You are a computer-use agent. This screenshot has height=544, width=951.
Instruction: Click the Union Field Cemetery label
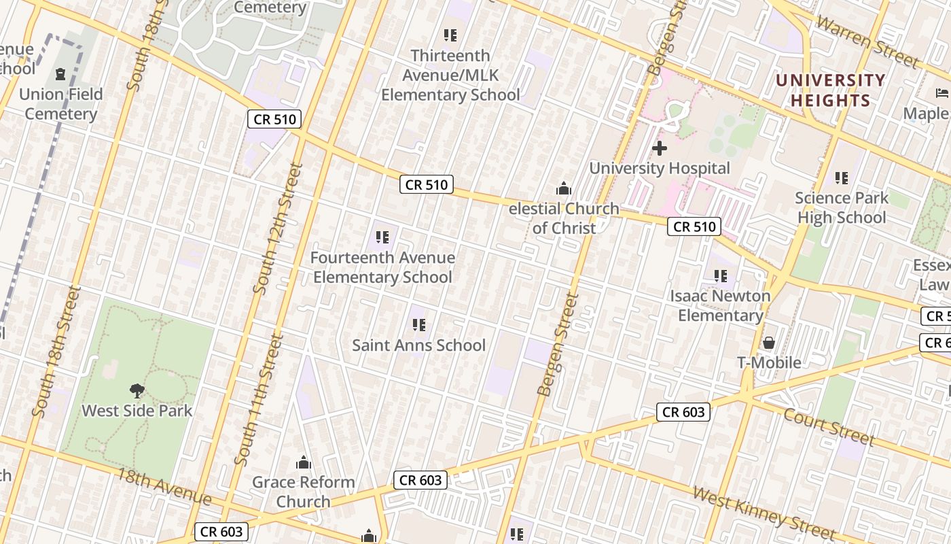click(61, 104)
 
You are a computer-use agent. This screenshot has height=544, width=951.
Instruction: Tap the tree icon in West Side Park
click(137, 390)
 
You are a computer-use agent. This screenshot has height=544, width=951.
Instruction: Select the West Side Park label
click(137, 411)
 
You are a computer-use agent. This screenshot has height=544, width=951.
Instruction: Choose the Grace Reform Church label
click(304, 492)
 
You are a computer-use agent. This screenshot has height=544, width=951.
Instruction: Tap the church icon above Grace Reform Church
click(304, 463)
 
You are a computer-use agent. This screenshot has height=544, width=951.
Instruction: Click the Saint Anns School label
click(418, 345)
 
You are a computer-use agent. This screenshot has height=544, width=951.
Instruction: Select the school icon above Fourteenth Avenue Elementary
click(382, 237)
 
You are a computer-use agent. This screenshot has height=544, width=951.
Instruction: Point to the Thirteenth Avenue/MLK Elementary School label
click(450, 75)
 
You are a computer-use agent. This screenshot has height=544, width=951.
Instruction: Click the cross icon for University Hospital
click(659, 148)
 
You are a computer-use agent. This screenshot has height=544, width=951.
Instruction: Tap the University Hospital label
click(660, 168)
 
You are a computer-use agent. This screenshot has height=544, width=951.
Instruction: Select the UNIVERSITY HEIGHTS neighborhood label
click(830, 90)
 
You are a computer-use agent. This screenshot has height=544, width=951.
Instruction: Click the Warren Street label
click(867, 41)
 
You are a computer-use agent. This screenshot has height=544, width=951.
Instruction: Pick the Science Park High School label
click(842, 207)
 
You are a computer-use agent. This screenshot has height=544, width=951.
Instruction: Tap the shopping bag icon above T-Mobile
click(769, 342)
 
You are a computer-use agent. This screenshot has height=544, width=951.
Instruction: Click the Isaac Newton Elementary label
click(720, 305)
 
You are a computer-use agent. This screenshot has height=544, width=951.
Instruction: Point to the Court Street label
click(829, 426)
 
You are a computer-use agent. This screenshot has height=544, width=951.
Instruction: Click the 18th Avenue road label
click(164, 486)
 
